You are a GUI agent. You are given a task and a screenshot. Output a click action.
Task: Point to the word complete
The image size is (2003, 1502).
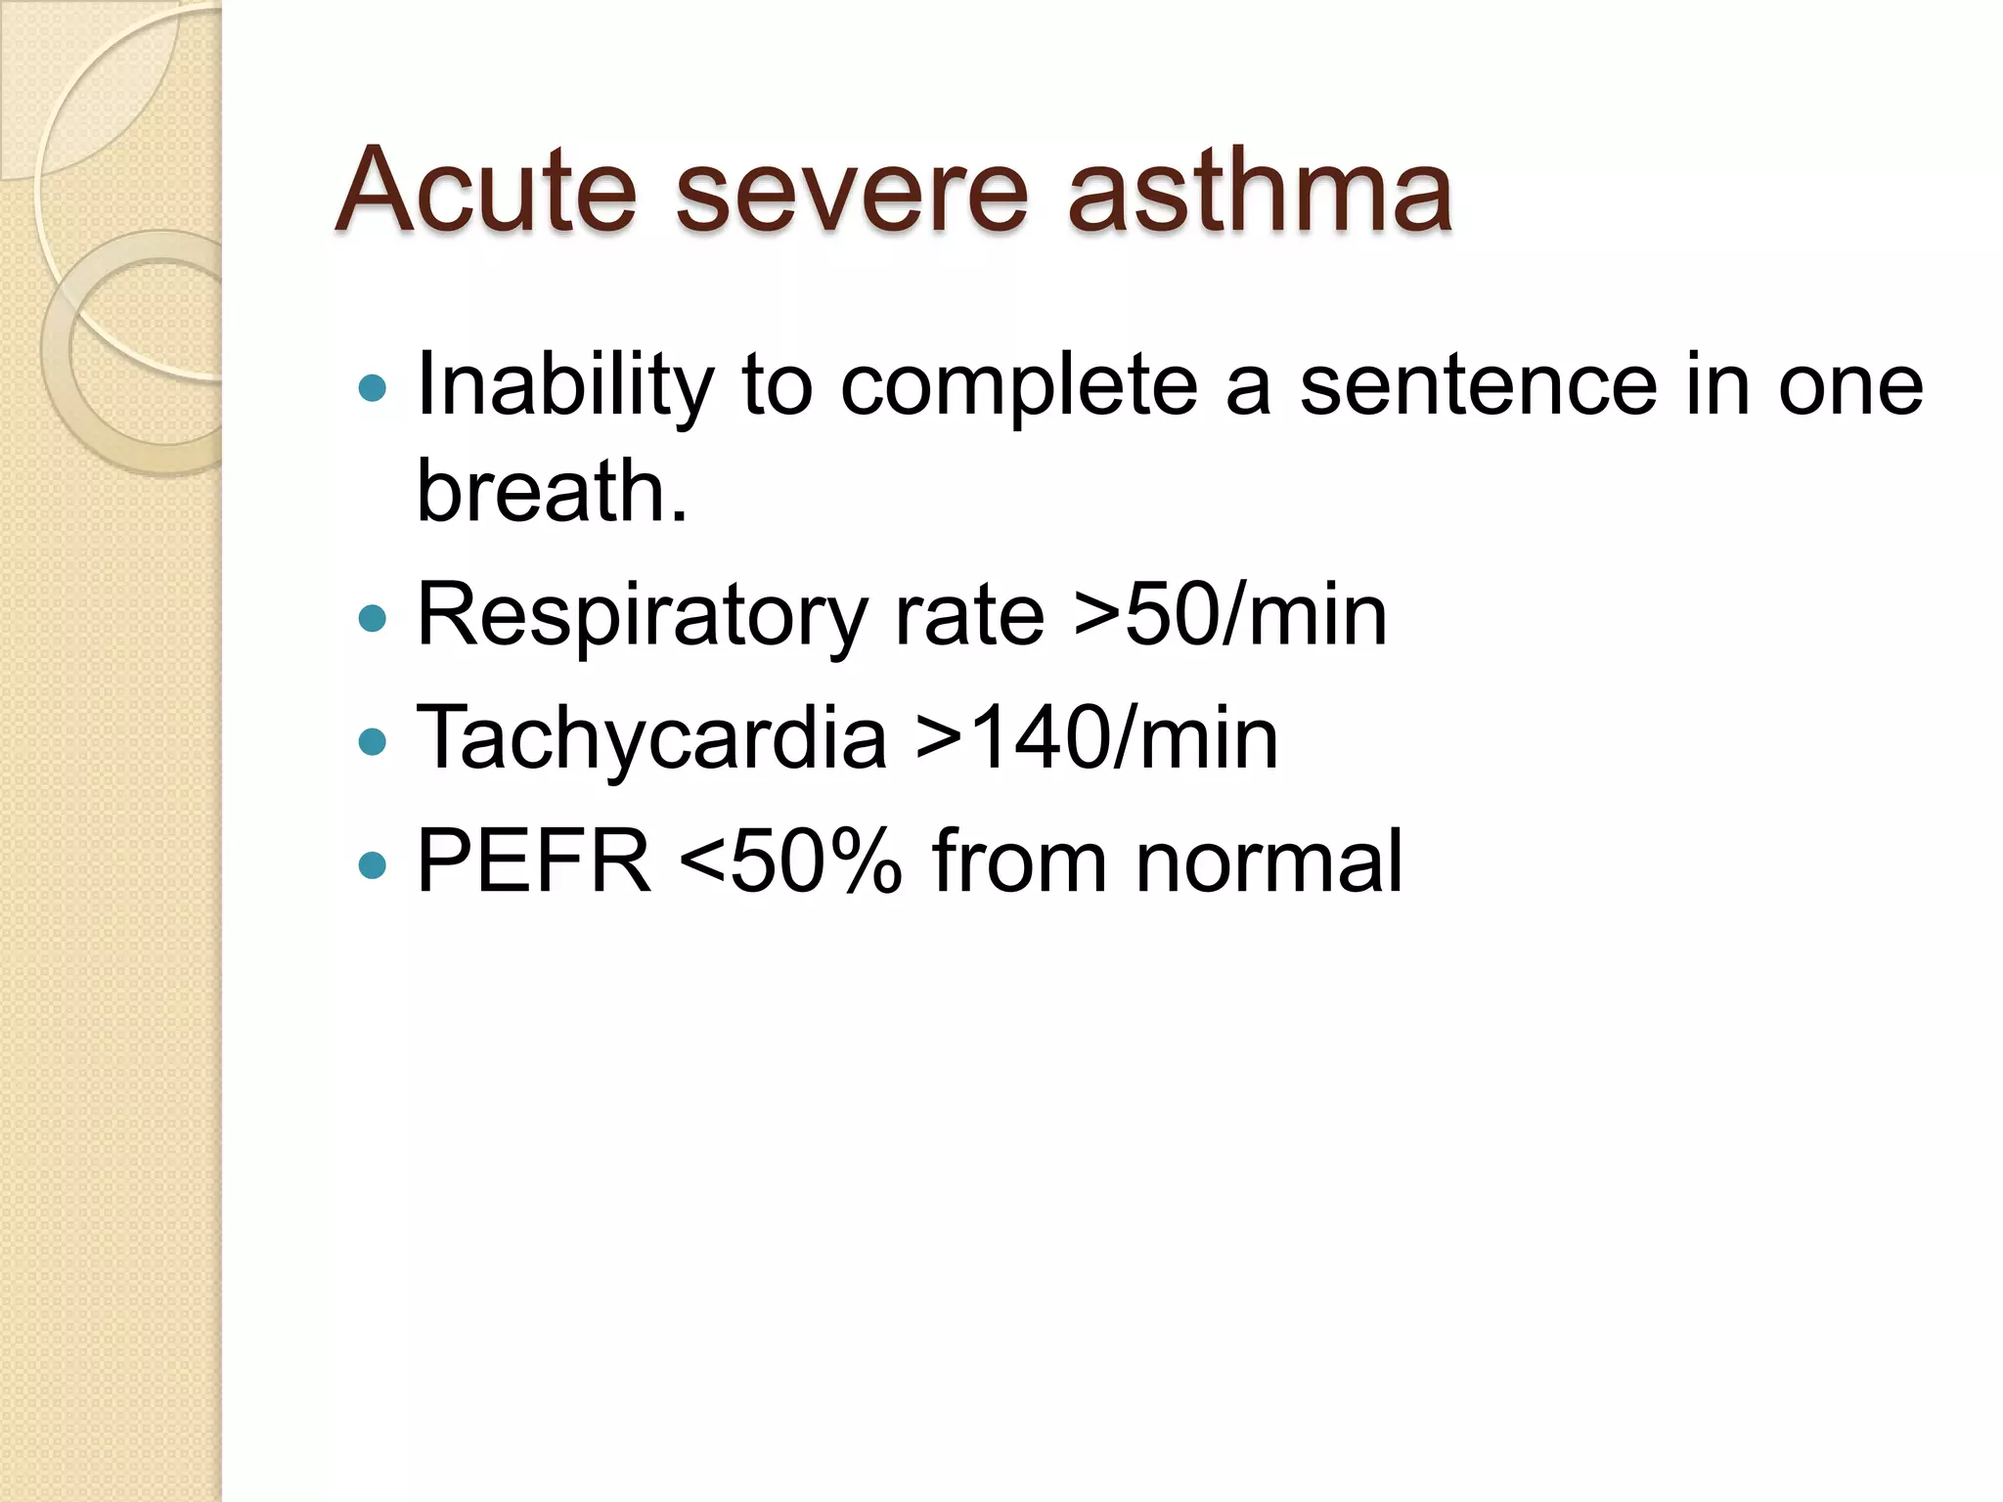(x=1018, y=386)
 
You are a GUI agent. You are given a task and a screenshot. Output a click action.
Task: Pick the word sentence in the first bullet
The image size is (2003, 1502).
(x=1478, y=386)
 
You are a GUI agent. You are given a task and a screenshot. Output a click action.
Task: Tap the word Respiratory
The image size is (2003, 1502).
(x=642, y=616)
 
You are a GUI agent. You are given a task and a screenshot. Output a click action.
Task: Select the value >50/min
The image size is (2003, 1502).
(x=1230, y=616)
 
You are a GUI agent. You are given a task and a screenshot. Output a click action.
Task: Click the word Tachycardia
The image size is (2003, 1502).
(x=651, y=738)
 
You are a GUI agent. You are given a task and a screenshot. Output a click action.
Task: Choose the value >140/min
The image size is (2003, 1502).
(x=1096, y=738)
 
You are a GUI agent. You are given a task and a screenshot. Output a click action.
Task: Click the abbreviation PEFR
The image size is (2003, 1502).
(x=534, y=861)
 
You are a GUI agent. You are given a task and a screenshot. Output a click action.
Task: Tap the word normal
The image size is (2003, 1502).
(x=1269, y=861)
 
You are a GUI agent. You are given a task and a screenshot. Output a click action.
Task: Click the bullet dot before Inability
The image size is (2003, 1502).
(x=373, y=389)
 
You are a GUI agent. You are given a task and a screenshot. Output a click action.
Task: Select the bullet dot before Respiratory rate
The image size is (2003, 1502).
(x=373, y=618)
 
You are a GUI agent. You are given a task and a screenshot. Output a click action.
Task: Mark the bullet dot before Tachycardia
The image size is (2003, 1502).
(x=373, y=741)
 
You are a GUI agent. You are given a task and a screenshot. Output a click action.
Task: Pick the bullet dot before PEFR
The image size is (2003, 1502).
(x=373, y=864)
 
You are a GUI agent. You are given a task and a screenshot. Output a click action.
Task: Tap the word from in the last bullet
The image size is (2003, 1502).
(x=1019, y=861)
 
